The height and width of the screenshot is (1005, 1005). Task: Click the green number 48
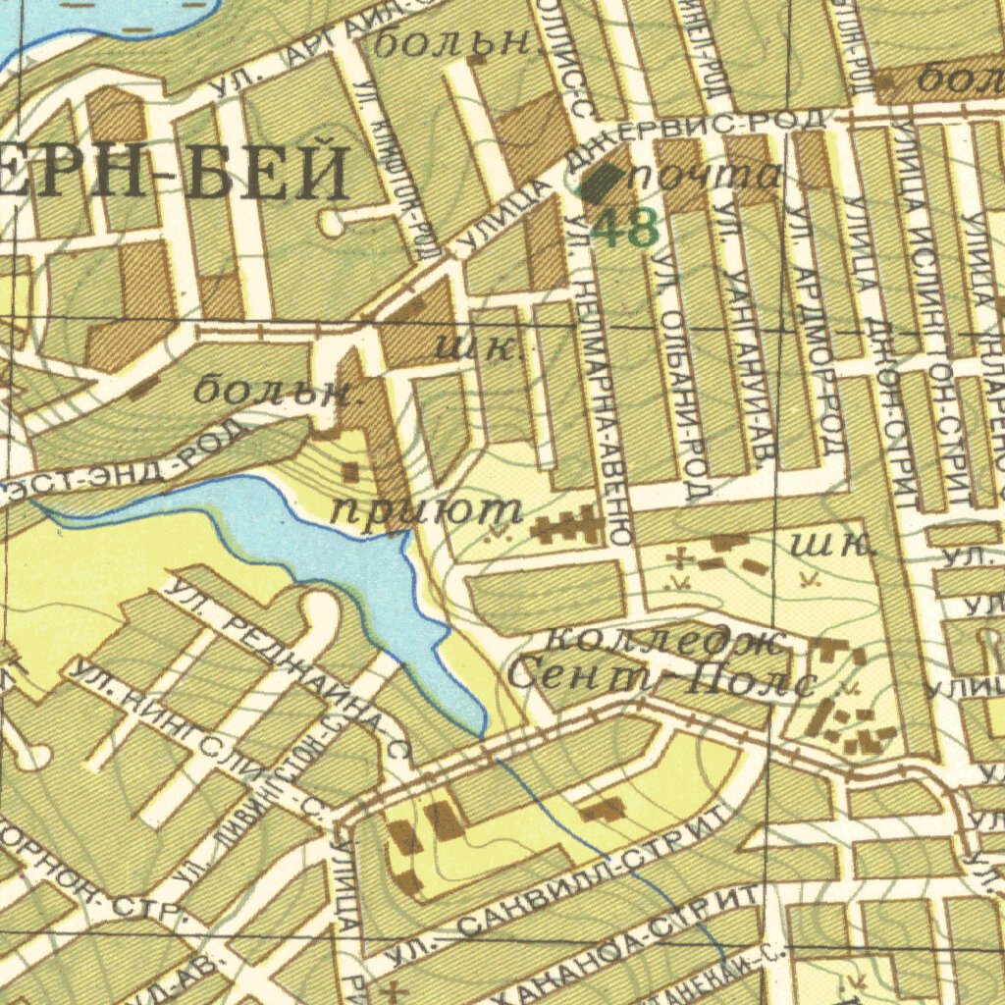pyautogui.click(x=625, y=229)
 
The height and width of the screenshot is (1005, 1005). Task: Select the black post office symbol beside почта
pyautogui.click(x=601, y=182)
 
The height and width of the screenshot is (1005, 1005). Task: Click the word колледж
pyautogui.click(x=664, y=642)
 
